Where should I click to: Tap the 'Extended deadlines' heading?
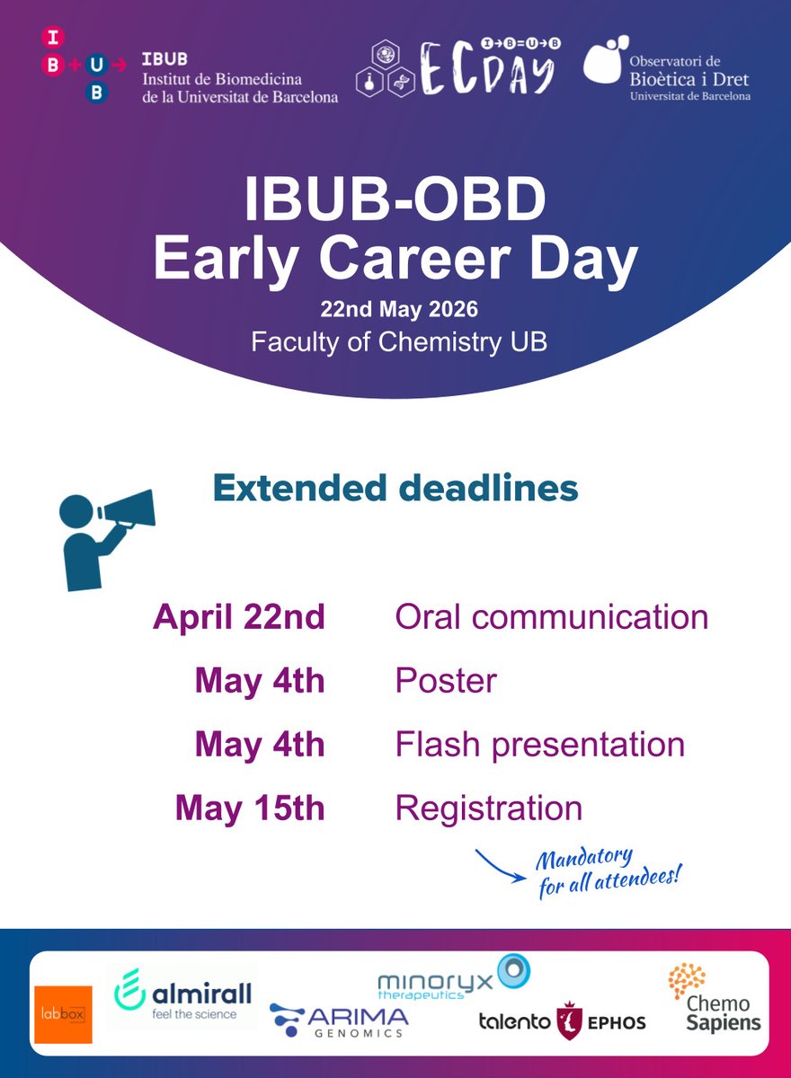click(395, 488)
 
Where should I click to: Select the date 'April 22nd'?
click(239, 617)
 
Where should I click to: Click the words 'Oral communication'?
click(552, 616)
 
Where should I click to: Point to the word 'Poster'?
click(446, 681)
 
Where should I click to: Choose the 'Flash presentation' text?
click(539, 746)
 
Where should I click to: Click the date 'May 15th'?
click(250, 808)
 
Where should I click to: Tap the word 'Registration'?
click(489, 809)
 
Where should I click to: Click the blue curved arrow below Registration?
click(499, 867)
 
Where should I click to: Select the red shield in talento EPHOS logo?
click(569, 1021)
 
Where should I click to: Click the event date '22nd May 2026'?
click(399, 309)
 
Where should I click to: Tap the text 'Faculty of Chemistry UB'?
click(399, 343)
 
